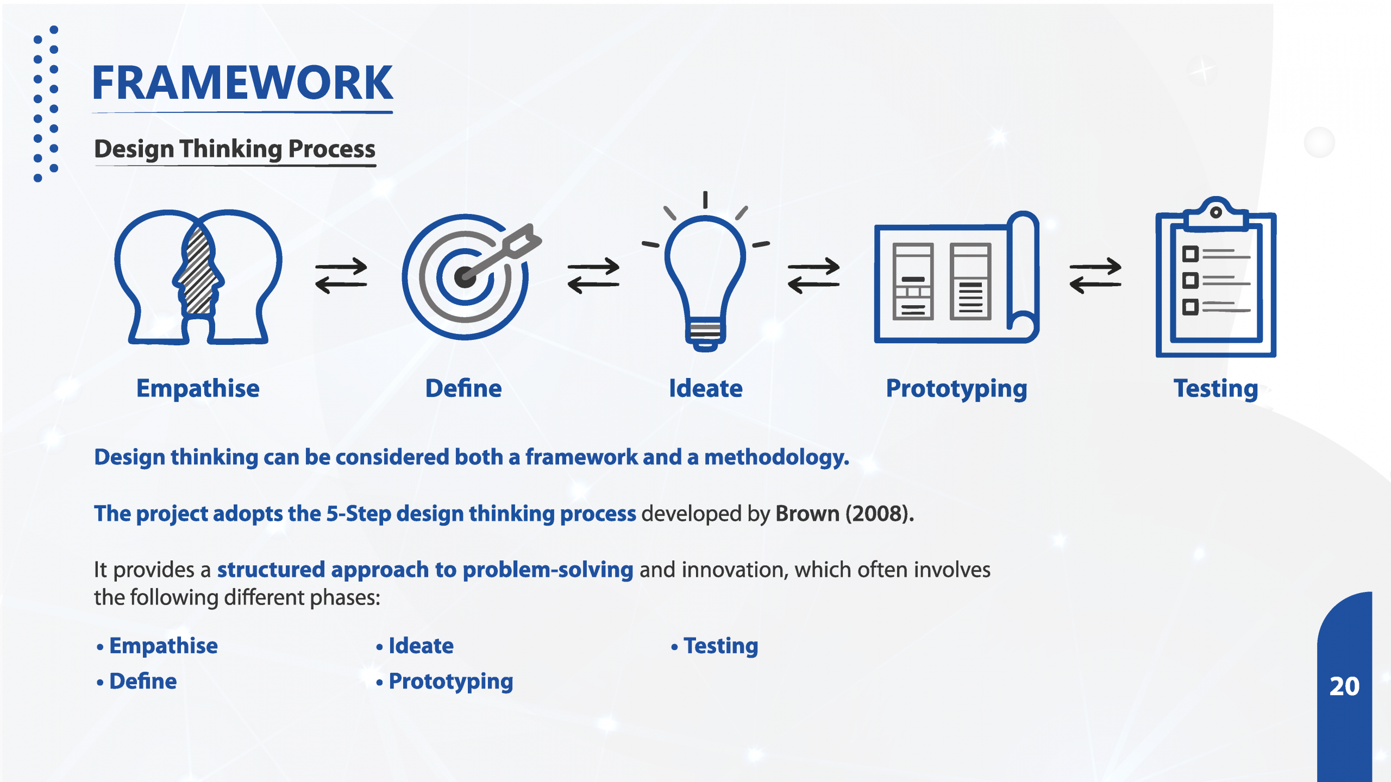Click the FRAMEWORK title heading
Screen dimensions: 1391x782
pyautogui.click(x=242, y=83)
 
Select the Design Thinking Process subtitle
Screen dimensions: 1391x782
pyautogui.click(x=235, y=149)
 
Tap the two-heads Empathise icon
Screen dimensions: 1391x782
pyautogui.click(x=198, y=277)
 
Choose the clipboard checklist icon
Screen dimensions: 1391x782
pyautogui.click(x=1216, y=277)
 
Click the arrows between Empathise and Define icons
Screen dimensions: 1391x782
pyautogui.click(x=341, y=275)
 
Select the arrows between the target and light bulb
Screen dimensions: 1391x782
pyautogui.click(x=593, y=275)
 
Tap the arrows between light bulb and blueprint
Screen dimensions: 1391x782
pyautogui.click(x=814, y=275)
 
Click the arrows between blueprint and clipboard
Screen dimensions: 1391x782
pyautogui.click(x=1095, y=275)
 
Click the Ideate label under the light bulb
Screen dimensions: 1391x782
pyautogui.click(x=705, y=388)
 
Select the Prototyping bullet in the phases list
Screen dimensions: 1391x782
pyautogui.click(x=451, y=682)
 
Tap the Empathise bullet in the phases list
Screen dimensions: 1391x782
pyautogui.click(x=164, y=646)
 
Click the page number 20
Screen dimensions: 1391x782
pyautogui.click(x=1344, y=686)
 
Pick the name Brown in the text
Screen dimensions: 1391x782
pyautogui.click(x=807, y=514)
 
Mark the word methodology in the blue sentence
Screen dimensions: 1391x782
pyautogui.click(x=776, y=457)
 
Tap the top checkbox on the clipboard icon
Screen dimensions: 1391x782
pyautogui.click(x=1190, y=254)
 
